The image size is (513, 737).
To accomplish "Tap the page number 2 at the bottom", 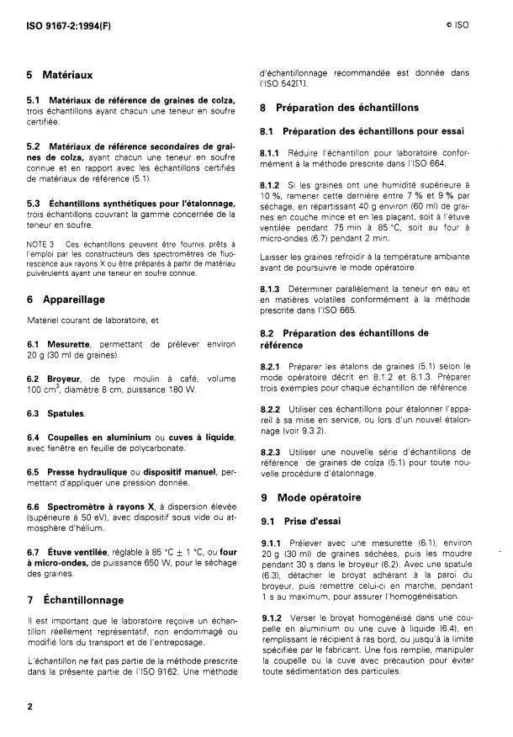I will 30,706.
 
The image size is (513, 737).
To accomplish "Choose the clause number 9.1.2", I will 276,618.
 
